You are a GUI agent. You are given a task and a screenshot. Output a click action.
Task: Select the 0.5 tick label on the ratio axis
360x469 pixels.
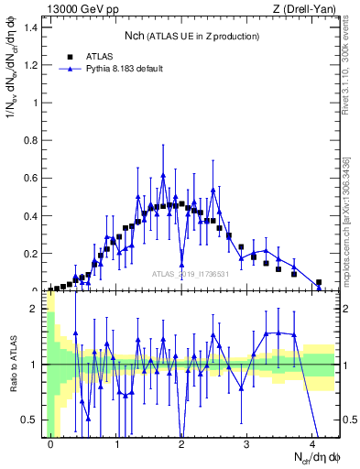click(x=31, y=420)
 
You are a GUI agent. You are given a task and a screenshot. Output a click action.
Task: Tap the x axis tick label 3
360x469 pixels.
click(x=246, y=444)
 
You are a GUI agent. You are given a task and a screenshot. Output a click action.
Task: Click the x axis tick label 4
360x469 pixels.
click(x=311, y=444)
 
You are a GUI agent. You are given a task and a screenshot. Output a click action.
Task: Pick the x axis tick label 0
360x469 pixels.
click(x=50, y=444)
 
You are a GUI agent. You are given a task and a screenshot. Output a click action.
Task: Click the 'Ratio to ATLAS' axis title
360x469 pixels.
click(x=13, y=365)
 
